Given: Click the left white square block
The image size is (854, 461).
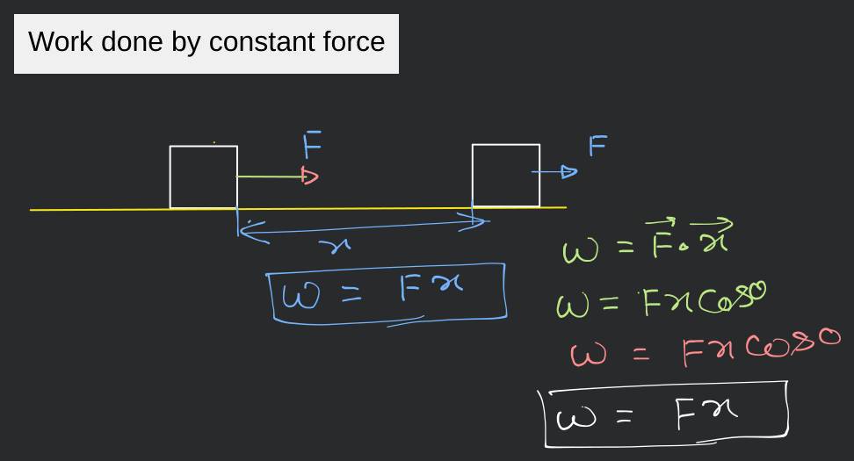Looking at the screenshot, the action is tap(204, 176).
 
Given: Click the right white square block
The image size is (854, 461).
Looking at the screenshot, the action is tap(506, 176).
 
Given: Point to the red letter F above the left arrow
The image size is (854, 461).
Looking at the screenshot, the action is tap(312, 143).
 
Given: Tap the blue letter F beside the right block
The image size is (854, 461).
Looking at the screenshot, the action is tap(597, 145).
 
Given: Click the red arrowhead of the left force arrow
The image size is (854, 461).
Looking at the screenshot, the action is tap(309, 176).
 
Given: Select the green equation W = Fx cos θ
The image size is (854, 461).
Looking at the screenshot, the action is tap(660, 303).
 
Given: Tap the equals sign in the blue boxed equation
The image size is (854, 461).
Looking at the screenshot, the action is tap(351, 296).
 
